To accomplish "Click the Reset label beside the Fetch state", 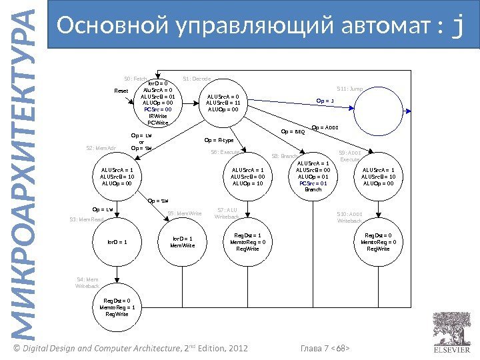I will (x=121, y=91).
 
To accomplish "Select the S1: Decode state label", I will (x=197, y=79).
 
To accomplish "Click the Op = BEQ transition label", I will (x=293, y=131).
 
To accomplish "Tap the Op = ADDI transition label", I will (x=325, y=127).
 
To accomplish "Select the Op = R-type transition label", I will (x=219, y=141).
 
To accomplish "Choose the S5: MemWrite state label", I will (x=185, y=213).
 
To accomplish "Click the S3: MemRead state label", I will (x=87, y=219).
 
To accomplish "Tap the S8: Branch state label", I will (x=285, y=156).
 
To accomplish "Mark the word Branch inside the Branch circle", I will (x=313, y=189).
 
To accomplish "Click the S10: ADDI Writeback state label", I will (x=349, y=217).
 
